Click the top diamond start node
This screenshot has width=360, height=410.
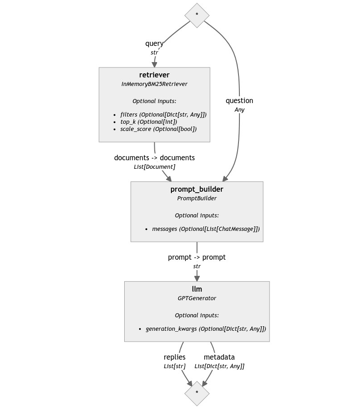click(197, 15)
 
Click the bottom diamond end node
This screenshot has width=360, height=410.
click(197, 393)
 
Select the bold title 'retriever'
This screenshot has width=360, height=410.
click(154, 75)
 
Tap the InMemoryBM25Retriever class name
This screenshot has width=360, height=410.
click(154, 84)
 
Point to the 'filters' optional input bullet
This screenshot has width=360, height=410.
click(163, 115)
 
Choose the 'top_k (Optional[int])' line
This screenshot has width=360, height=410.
click(148, 122)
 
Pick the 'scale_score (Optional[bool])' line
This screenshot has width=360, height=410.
click(158, 129)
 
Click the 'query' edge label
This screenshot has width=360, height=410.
click(154, 44)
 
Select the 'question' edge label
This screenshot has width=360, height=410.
click(239, 101)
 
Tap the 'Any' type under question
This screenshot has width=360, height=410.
click(239, 110)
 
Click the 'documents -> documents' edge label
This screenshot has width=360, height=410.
click(154, 158)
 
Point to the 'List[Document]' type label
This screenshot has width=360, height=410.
click(154, 167)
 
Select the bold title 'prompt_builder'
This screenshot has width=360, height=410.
click(197, 189)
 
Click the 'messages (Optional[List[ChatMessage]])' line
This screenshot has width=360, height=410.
click(206, 229)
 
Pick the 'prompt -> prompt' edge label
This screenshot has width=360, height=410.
click(197, 257)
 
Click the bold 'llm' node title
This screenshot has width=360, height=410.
click(197, 289)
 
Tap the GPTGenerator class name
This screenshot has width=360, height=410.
click(197, 298)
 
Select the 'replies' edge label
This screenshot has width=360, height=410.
click(175, 357)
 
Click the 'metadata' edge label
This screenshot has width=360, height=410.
click(219, 357)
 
